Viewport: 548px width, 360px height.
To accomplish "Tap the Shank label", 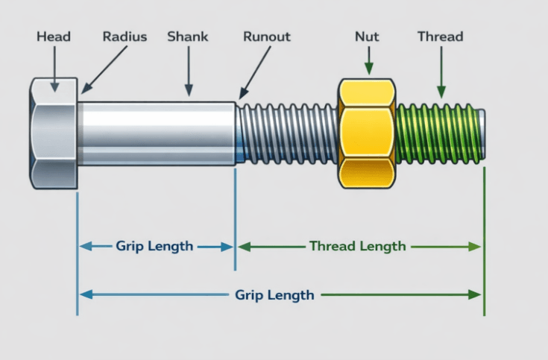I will [x=188, y=36].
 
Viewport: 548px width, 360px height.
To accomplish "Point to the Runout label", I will [x=267, y=36].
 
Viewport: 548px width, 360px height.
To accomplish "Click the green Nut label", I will [x=366, y=36].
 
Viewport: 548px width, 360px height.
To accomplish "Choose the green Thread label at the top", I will [x=440, y=36].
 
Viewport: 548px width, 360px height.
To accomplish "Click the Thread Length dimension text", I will [x=357, y=246].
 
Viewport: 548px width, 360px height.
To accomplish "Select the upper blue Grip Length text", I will [x=154, y=246].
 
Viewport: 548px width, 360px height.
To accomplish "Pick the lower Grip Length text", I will [x=274, y=294].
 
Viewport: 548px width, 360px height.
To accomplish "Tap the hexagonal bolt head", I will [x=53, y=132].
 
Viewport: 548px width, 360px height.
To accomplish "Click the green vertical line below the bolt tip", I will [x=485, y=239].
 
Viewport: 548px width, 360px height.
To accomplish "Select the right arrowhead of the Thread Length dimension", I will [x=475, y=247].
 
